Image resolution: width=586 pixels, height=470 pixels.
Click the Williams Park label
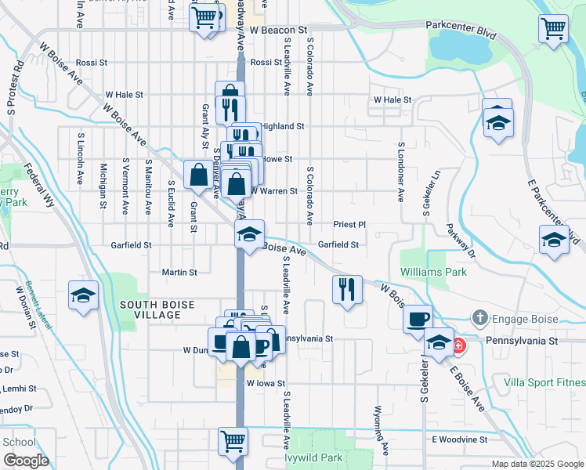(x=433, y=272)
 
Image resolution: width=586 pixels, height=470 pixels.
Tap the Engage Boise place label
(x=513, y=319)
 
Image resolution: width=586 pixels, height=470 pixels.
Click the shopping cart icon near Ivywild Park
(x=233, y=440)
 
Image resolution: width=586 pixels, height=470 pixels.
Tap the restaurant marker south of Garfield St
(x=347, y=289)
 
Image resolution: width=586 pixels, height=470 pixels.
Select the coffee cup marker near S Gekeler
(x=418, y=319)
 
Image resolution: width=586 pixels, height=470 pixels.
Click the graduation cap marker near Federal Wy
(x=83, y=295)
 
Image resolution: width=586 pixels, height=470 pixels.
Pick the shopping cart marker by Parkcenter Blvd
(x=553, y=29)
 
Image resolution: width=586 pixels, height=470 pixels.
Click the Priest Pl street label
(x=349, y=224)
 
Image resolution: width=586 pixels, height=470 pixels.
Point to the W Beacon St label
(x=275, y=30)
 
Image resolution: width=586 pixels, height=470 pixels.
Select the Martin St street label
(x=179, y=272)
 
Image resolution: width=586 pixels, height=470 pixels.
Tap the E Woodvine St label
(x=459, y=439)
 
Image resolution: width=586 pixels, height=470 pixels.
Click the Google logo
(x=25, y=460)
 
